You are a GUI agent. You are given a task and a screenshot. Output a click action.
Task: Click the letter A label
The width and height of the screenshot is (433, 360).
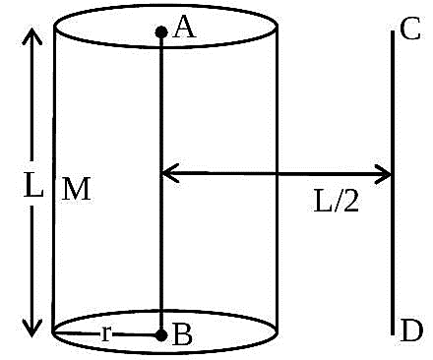click(x=184, y=28)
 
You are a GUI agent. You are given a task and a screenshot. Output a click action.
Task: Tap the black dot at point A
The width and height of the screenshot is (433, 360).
click(x=161, y=32)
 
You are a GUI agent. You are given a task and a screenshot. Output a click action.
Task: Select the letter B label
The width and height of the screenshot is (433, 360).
click(x=182, y=334)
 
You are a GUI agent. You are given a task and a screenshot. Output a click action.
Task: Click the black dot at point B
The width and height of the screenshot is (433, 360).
click(x=161, y=335)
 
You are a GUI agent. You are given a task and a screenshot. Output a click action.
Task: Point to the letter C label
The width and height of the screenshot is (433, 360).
click(x=410, y=29)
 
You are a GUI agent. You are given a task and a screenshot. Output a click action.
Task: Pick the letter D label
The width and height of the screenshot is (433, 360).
click(x=411, y=330)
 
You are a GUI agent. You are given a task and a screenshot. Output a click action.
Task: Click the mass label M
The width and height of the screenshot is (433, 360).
click(x=76, y=189)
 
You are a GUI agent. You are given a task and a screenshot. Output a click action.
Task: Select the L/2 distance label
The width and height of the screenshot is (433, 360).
click(x=337, y=202)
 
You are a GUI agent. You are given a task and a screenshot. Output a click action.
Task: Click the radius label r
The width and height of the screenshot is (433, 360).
click(x=106, y=334)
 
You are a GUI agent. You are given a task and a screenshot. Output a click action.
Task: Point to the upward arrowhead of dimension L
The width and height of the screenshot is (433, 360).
click(x=31, y=35)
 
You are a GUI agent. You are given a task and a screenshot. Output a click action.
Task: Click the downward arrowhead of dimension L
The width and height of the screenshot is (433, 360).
click(x=31, y=329)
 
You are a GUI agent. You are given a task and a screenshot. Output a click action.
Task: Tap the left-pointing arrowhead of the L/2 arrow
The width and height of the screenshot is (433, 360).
click(x=170, y=173)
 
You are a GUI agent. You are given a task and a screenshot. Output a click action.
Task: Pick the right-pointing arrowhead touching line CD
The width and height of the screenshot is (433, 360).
click(x=382, y=174)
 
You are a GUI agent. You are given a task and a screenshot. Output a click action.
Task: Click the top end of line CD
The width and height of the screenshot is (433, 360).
click(x=393, y=31)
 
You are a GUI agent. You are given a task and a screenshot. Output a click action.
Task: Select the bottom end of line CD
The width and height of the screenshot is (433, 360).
click(x=393, y=334)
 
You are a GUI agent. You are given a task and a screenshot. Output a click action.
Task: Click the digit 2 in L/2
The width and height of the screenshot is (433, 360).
click(x=351, y=202)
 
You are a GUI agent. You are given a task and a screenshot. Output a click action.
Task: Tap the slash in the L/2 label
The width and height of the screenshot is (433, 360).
click(x=338, y=202)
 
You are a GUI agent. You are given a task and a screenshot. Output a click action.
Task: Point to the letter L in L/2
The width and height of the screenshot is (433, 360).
click(x=324, y=202)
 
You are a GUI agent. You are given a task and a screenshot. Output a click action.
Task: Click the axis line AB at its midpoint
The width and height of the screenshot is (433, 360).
click(x=161, y=184)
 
